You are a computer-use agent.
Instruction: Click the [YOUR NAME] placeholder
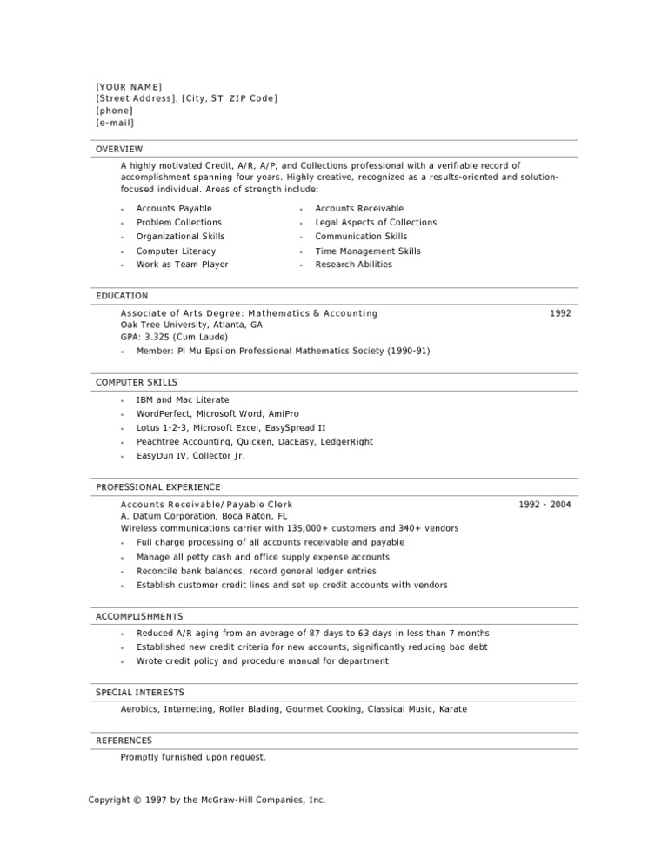129,86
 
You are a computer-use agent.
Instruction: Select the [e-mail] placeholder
115,123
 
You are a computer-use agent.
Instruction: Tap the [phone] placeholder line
114,111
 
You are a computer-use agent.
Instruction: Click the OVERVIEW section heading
119,149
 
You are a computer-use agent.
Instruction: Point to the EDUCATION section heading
122,296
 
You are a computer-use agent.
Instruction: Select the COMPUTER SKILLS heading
137,382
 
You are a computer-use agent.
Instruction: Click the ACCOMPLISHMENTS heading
139,616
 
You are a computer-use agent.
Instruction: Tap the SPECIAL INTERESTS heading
140,692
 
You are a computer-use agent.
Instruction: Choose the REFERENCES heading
124,741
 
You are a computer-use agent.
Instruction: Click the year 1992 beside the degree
561,312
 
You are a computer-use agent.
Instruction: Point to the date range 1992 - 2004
545,504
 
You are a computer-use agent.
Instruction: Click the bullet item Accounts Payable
174,209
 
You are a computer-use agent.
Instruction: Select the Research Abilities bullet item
353,265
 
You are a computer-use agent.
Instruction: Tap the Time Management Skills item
367,251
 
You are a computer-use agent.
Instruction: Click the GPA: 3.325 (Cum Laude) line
174,337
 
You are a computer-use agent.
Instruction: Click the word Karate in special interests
452,709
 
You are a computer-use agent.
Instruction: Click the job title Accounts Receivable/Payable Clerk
206,504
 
